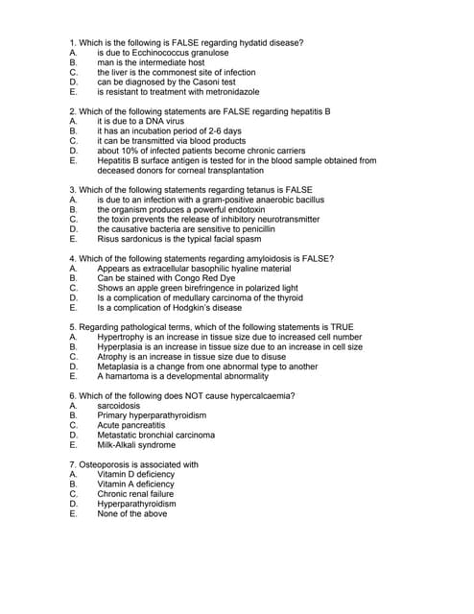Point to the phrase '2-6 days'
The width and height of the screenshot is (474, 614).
pyautogui.click(x=223, y=131)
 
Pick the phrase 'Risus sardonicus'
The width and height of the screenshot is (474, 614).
pyautogui.click(x=130, y=239)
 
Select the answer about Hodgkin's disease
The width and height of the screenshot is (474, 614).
pyautogui.click(x=169, y=308)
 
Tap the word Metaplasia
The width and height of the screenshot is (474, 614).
pyautogui.click(x=120, y=366)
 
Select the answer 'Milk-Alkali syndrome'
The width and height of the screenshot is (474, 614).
pyautogui.click(x=136, y=445)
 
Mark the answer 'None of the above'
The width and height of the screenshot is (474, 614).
pyautogui.click(x=131, y=514)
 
